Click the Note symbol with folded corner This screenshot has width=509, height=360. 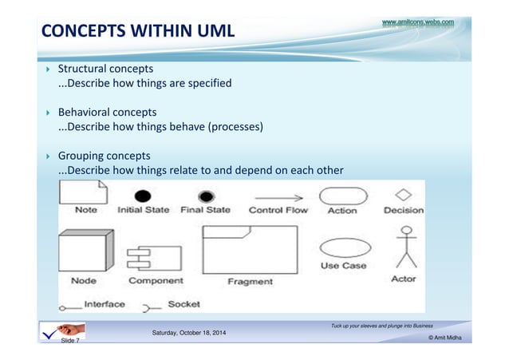click(x=84, y=192)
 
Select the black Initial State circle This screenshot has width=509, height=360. click(x=143, y=196)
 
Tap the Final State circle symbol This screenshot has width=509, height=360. click(x=206, y=196)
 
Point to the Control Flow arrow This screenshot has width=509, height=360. click(x=278, y=196)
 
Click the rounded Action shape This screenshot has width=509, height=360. click(x=343, y=196)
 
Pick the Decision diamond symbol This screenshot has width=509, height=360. click(x=404, y=194)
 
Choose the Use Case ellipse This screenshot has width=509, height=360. click(x=343, y=247)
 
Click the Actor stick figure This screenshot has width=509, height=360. click(x=407, y=247)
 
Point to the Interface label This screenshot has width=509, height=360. click(x=104, y=304)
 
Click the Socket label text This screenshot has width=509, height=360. click(x=183, y=304)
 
